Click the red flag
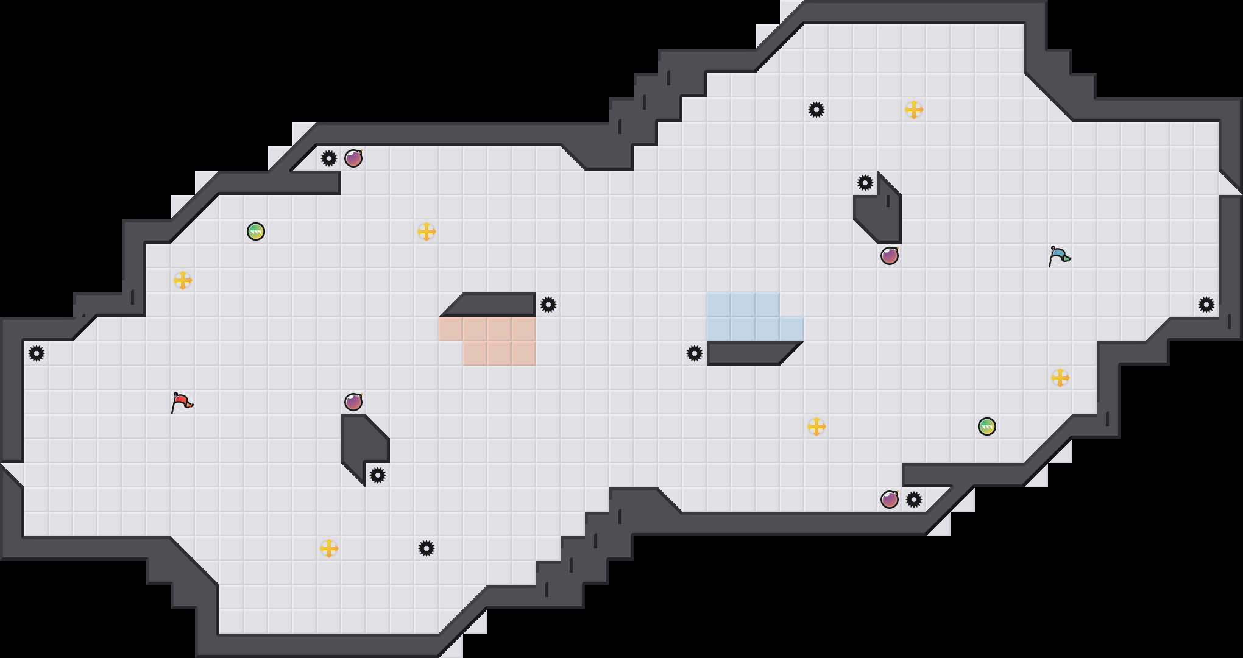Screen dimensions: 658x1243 coord(182,402)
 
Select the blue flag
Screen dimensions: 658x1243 coord(1059,256)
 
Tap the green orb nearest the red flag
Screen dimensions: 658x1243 coord(256,232)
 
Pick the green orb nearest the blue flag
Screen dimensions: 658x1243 coord(987,426)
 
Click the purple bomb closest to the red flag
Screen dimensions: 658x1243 coord(353,402)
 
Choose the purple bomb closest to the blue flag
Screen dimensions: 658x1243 coord(890,256)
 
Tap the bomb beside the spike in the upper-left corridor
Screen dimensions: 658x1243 coord(353,158)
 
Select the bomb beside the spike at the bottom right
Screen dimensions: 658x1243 coord(890,500)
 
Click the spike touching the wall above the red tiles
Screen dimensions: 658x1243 coord(548,305)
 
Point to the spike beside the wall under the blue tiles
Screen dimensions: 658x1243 coord(695,353)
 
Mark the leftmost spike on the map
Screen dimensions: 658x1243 coord(37,353)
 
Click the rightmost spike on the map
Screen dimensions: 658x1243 coord(1206,305)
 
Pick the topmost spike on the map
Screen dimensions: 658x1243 coord(816,110)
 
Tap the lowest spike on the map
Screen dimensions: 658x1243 coord(427,548)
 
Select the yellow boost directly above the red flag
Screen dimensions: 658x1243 coord(183,280)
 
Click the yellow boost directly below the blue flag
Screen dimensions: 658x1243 coord(1060,378)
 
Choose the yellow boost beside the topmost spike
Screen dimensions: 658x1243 coord(914,110)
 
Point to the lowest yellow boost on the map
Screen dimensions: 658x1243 coord(329,548)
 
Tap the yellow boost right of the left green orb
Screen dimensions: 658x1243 coord(427,232)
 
